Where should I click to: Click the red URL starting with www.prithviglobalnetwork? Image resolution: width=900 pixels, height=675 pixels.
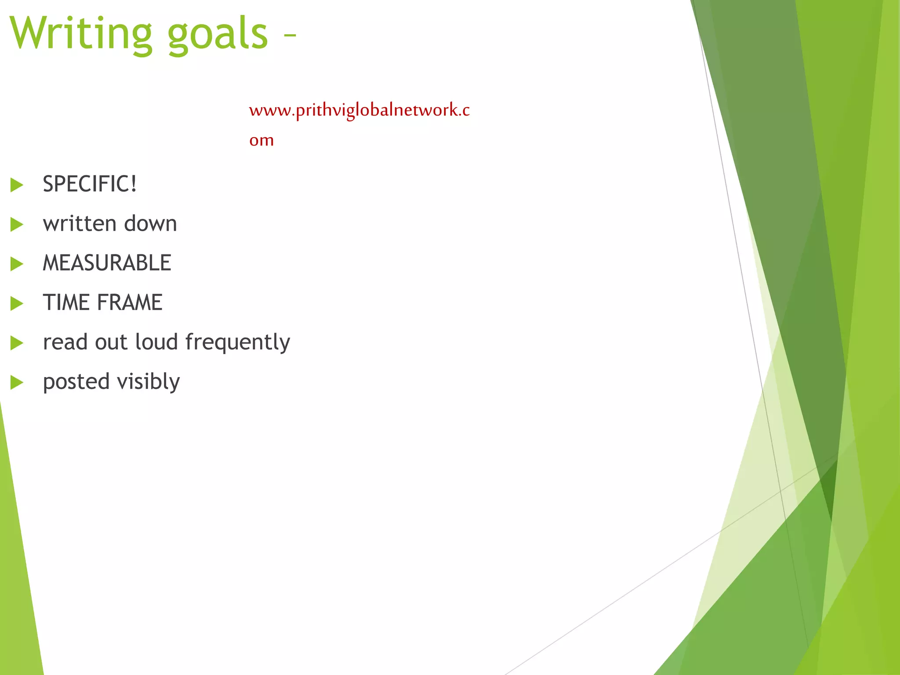click(359, 110)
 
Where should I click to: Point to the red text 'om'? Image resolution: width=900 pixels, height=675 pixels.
click(261, 141)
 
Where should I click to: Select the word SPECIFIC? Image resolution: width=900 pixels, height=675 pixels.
click(90, 184)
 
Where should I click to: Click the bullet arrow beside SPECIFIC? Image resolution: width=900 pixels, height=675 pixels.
click(17, 185)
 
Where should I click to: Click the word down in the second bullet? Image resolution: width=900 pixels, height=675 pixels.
click(151, 224)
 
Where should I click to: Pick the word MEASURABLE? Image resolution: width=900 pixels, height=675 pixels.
click(107, 263)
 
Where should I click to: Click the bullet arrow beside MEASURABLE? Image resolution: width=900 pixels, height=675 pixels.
click(17, 264)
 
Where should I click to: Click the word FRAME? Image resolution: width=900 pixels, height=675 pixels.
click(130, 303)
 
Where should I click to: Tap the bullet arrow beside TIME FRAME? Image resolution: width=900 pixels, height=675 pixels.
click(17, 304)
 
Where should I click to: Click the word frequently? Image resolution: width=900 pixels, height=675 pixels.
click(237, 343)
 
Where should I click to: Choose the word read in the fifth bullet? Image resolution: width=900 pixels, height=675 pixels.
click(65, 342)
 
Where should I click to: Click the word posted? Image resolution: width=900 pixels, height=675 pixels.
click(76, 382)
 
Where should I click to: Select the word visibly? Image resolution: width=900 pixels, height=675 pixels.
click(149, 382)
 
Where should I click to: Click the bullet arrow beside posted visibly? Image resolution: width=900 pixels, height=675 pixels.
click(17, 383)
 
